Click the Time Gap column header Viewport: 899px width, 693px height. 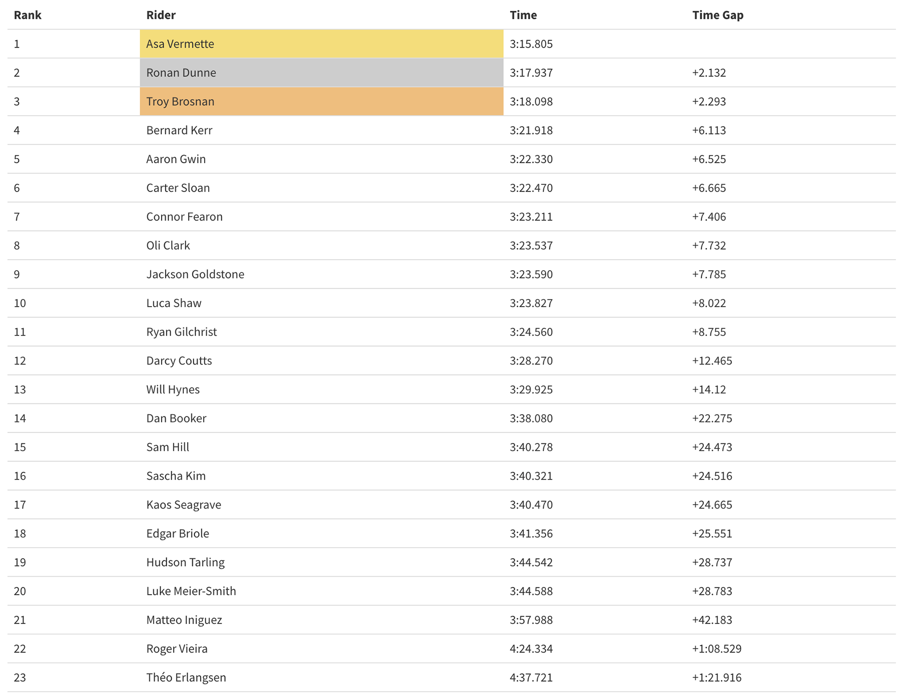(717, 15)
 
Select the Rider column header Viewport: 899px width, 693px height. (161, 15)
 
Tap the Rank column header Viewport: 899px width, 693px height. (27, 15)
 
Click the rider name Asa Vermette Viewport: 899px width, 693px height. (180, 44)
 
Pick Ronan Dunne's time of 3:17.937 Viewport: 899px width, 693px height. (531, 73)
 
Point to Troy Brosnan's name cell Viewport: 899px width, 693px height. (180, 102)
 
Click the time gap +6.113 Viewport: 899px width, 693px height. (709, 130)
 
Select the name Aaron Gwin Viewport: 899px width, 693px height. (176, 159)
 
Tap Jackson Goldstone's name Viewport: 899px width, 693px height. (195, 274)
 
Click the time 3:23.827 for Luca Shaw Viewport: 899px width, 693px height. (531, 303)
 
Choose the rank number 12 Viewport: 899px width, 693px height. (20, 361)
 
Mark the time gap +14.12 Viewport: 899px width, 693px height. (709, 389)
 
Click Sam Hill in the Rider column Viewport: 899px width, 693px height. (168, 447)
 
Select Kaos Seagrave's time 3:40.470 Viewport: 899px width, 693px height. (531, 505)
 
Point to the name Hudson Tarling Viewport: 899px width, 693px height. (185, 562)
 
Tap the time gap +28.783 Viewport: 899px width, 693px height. (712, 591)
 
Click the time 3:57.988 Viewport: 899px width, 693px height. (531, 620)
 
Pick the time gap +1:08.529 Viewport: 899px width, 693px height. (717, 648)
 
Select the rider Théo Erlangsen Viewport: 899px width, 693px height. (186, 677)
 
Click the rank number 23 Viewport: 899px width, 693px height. (20, 677)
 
